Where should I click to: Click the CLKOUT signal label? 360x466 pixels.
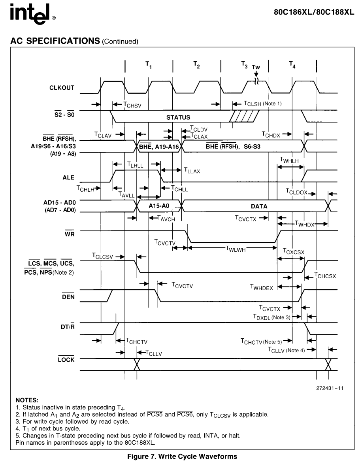[x=62, y=88]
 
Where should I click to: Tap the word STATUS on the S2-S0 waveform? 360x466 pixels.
[x=178, y=117]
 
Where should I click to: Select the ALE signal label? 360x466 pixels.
[x=68, y=177]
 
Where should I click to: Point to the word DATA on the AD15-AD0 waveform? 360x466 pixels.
[x=259, y=206]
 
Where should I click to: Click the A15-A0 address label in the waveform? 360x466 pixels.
[x=159, y=206]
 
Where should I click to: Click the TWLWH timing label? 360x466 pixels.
[x=236, y=249]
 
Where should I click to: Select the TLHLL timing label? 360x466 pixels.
[x=135, y=165]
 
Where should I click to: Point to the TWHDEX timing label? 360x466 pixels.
[x=261, y=287]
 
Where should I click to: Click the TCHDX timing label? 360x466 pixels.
[x=271, y=135]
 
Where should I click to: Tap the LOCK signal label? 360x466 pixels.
[x=66, y=360]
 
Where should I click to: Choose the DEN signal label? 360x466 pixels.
[x=68, y=296]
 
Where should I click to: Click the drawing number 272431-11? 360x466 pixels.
[x=330, y=388]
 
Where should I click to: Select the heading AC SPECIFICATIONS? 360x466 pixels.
[x=55, y=41]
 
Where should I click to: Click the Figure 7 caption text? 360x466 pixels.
[x=182, y=457]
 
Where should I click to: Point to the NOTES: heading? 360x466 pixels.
[x=27, y=400]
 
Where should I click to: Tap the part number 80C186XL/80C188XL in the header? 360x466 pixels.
[x=314, y=12]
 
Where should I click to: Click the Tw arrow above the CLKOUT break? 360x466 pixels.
[x=256, y=74]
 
